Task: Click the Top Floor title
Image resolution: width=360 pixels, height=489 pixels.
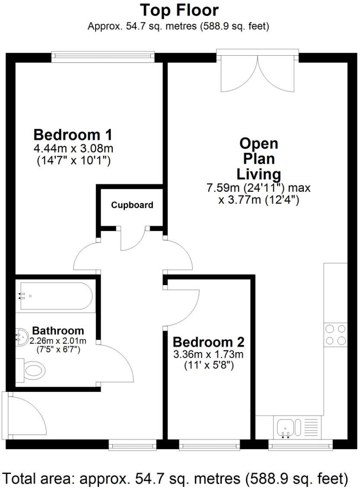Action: (x=179, y=10)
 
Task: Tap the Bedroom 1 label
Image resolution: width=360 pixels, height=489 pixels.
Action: (x=73, y=135)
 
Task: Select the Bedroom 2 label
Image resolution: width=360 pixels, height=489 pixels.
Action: (x=209, y=342)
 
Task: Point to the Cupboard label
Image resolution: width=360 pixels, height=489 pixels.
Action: (x=132, y=205)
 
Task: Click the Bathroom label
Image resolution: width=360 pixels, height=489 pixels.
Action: (x=58, y=330)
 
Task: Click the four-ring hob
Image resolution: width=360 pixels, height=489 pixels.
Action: (x=335, y=335)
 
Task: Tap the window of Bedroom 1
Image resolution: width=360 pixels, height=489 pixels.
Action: (x=102, y=56)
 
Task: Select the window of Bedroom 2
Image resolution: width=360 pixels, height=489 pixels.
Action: (x=210, y=445)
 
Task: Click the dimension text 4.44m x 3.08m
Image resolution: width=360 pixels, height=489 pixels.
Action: (x=73, y=149)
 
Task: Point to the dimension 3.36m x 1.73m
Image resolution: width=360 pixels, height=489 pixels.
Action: (x=209, y=355)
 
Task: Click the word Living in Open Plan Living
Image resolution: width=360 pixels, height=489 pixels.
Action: (x=258, y=174)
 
